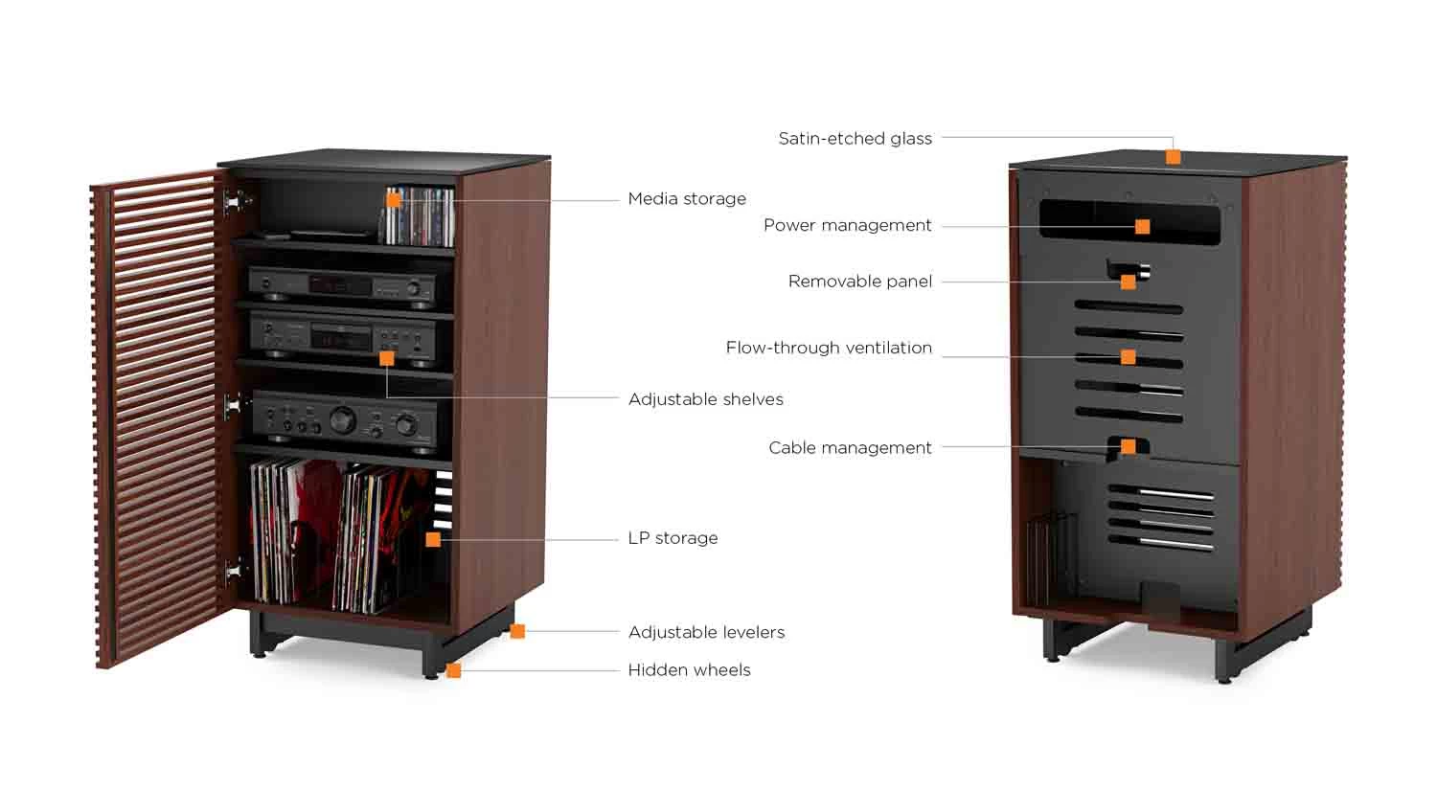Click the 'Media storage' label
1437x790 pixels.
[x=687, y=199]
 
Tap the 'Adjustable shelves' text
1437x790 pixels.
[x=706, y=399]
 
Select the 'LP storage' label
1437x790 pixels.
[x=673, y=538]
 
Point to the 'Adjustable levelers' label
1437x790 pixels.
[x=706, y=632]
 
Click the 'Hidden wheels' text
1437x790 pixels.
[x=689, y=670]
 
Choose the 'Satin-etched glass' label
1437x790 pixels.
[x=855, y=139]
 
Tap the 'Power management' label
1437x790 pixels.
[x=848, y=225]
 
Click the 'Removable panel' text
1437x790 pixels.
[x=860, y=282]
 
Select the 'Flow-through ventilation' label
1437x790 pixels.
[x=829, y=348]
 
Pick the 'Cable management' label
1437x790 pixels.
[x=850, y=447]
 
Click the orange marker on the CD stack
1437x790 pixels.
[x=393, y=200]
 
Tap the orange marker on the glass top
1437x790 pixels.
[x=1174, y=156]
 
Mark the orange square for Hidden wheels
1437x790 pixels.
[x=453, y=670]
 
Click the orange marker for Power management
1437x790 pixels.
[x=1143, y=226]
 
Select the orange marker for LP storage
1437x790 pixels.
[x=434, y=539]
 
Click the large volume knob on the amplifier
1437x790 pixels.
[x=343, y=420]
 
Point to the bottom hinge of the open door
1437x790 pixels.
[x=232, y=570]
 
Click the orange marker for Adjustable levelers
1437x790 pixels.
[x=517, y=632]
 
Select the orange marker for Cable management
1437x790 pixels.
[x=1129, y=446]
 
